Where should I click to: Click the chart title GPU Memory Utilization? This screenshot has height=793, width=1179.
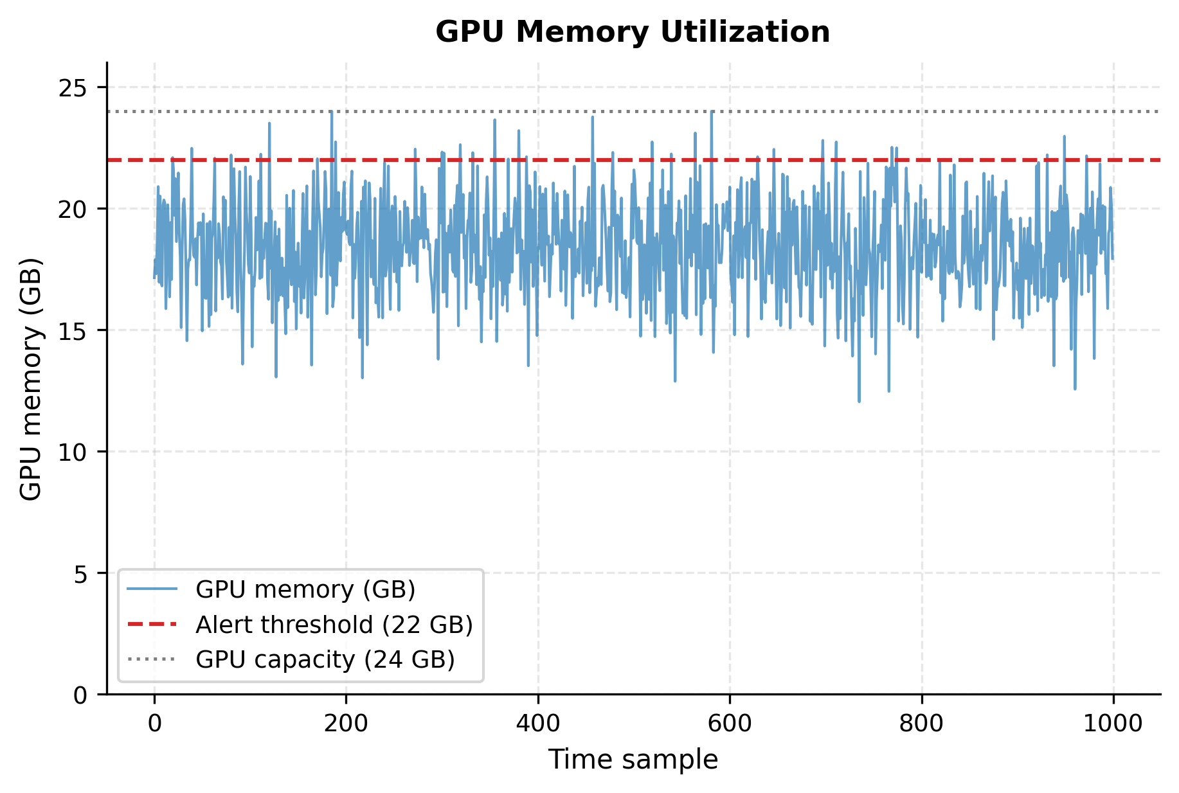[633, 32]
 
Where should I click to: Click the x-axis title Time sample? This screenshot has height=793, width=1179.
[633, 760]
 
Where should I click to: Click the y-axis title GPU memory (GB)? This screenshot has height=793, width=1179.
[31, 379]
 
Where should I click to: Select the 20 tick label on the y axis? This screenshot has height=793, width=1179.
[74, 209]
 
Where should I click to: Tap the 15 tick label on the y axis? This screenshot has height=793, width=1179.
[74, 330]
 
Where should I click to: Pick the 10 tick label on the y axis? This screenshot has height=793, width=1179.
[74, 452]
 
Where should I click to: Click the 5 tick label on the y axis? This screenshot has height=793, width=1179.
[81, 573]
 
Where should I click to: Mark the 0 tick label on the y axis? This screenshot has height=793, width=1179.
[81, 695]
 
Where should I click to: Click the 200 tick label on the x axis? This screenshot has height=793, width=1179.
[346, 724]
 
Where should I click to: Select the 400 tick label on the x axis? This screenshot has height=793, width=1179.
[538, 724]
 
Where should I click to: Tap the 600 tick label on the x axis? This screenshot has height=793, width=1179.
[730, 724]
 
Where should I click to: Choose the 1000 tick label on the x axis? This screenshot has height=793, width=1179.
[1113, 724]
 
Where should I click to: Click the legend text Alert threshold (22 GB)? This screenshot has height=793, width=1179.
[334, 625]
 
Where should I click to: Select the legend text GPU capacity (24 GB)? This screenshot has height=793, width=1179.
[325, 659]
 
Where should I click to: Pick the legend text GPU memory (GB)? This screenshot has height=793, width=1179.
[305, 589]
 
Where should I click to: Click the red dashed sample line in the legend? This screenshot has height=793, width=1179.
[152, 624]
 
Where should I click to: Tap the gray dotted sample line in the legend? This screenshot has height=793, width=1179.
[152, 659]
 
